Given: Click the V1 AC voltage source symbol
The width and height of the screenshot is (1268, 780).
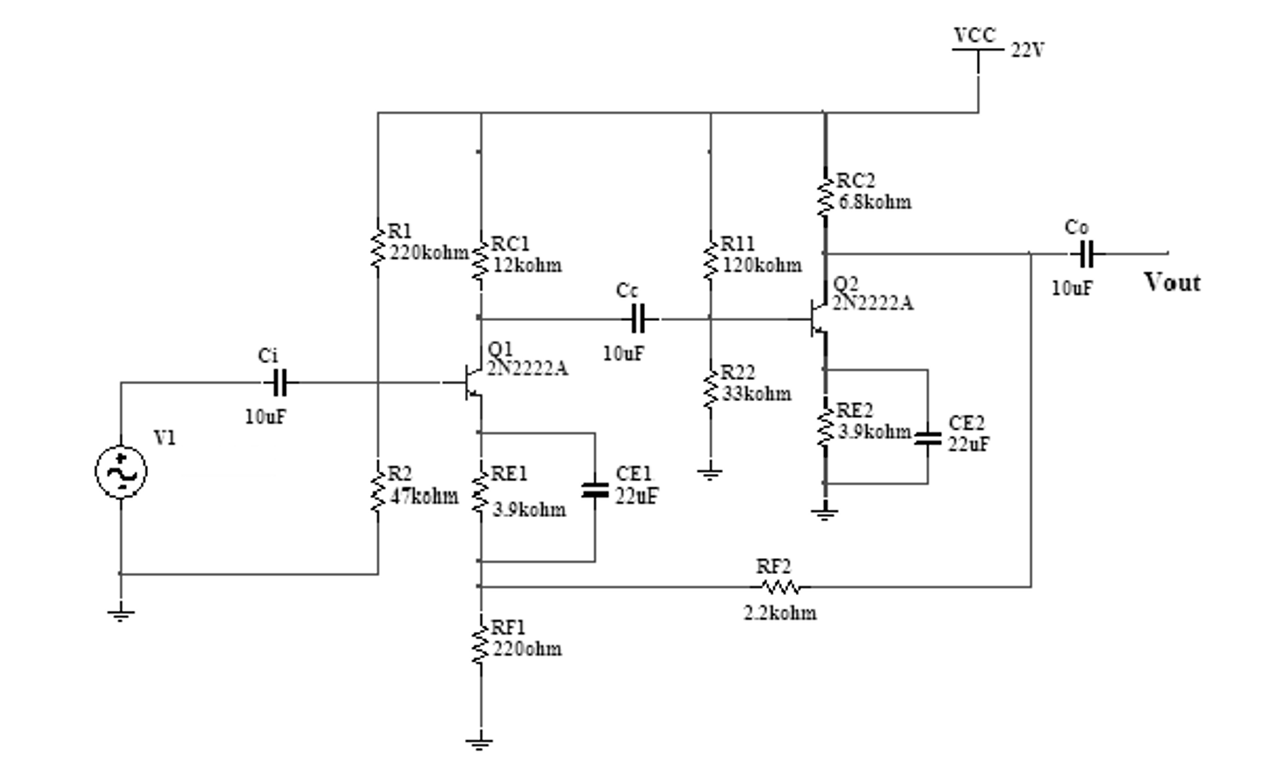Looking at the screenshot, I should click(121, 472).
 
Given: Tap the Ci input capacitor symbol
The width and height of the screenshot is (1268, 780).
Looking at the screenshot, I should click(280, 383).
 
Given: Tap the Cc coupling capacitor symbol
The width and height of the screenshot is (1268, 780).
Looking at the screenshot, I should click(639, 319).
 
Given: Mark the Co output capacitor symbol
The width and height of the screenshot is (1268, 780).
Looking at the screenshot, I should click(1086, 254).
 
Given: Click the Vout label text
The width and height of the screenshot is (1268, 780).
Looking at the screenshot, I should click(1172, 283).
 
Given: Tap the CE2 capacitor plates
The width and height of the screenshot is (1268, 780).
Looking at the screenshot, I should click(928, 438).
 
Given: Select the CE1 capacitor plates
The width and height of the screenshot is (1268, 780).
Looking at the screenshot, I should click(595, 490).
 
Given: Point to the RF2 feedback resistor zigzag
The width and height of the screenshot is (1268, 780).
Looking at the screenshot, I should click(780, 586).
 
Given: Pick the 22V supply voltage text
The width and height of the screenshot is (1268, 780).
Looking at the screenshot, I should click(1028, 50).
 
